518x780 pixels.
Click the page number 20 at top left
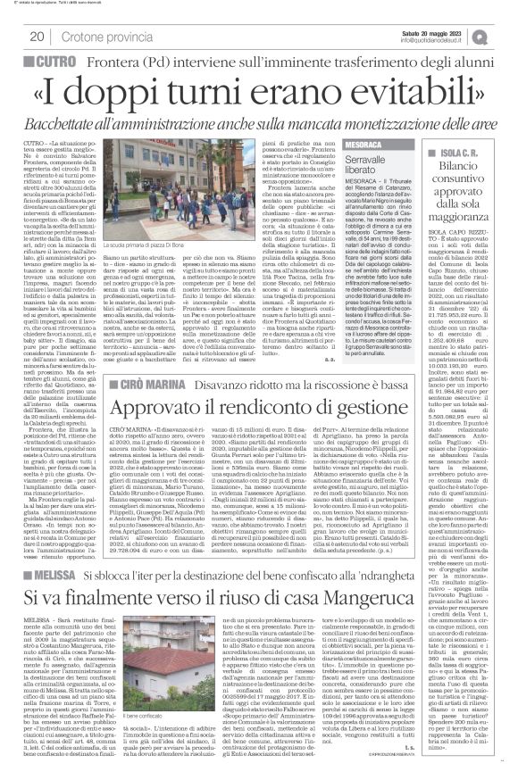38,36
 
